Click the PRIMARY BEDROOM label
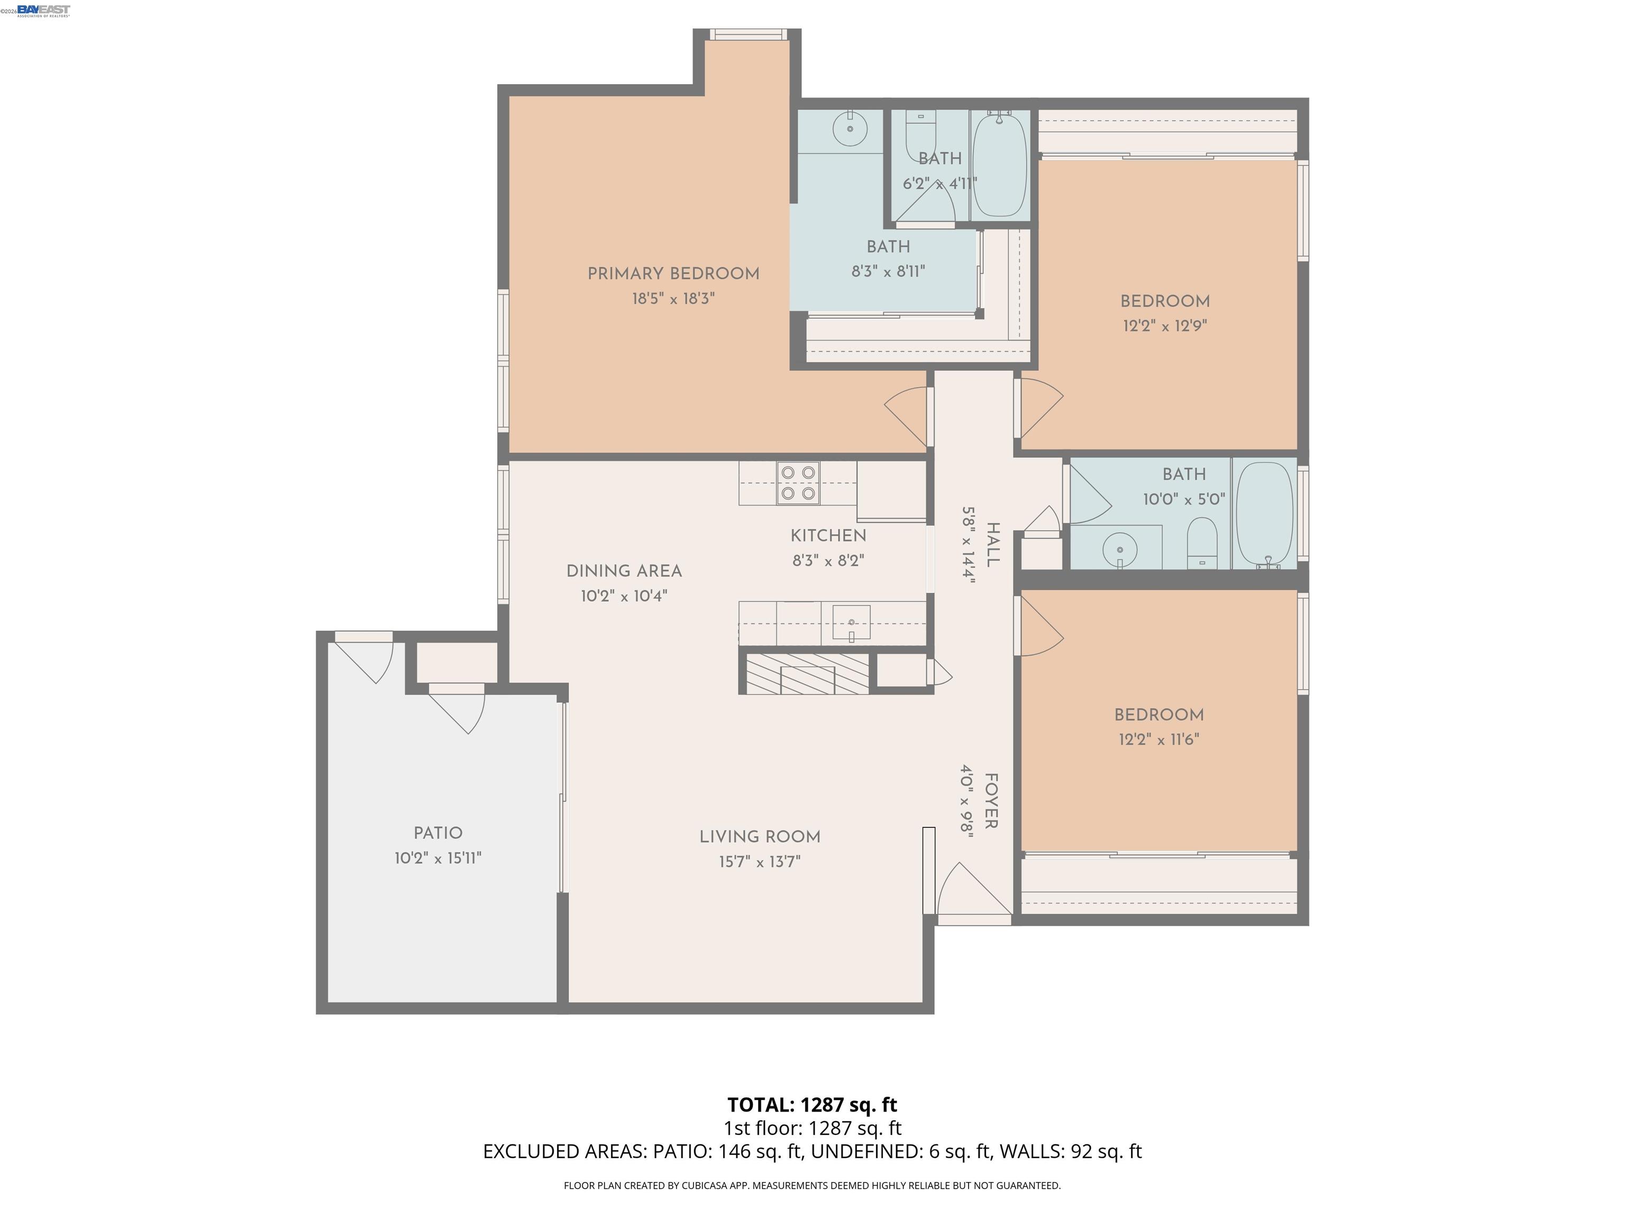click(x=673, y=274)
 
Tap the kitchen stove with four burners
click(x=798, y=483)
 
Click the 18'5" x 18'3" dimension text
click(x=673, y=299)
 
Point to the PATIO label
click(x=438, y=833)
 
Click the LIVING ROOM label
click(x=760, y=837)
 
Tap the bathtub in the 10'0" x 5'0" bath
click(x=1264, y=512)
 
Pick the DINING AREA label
click(x=624, y=571)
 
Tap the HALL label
click(x=992, y=544)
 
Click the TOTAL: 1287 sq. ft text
click(x=812, y=1105)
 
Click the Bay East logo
click(x=43, y=10)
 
